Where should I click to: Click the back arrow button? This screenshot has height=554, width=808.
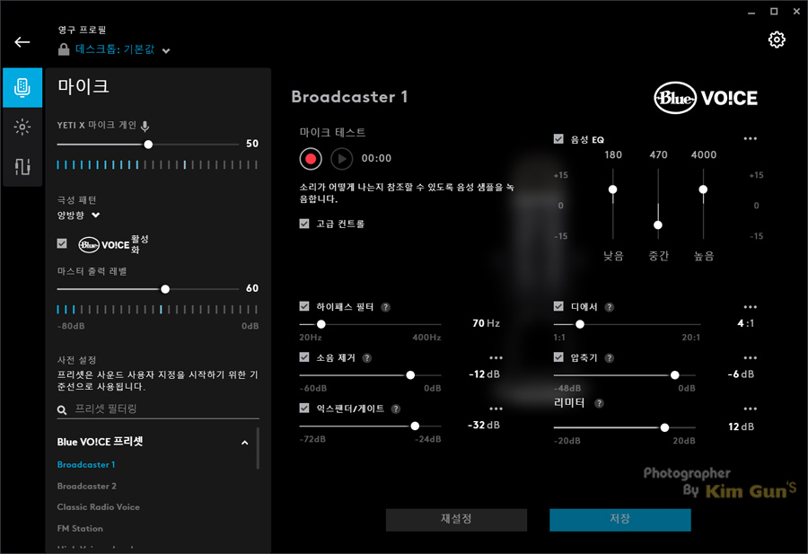coord(22,42)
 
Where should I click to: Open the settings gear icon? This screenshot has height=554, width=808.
coord(777,40)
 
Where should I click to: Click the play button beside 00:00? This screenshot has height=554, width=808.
coord(341,159)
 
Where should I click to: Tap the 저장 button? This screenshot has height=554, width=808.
coord(619,520)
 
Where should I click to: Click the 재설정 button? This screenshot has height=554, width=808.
coord(456,520)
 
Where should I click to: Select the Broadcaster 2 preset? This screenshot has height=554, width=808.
coord(87,486)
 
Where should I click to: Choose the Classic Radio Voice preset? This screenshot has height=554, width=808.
coord(99,507)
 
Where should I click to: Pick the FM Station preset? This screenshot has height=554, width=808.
coord(80,529)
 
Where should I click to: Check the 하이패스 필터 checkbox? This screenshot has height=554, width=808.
coord(305,307)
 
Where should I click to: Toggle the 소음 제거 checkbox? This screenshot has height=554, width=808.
coord(305,357)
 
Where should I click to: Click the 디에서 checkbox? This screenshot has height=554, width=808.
coord(559,307)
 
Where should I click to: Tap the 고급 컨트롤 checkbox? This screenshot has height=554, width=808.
coord(305,224)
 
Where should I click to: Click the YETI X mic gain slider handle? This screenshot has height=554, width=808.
coord(148,144)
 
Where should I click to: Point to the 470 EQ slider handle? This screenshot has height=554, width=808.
coord(658,224)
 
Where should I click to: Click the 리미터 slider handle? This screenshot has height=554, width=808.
coord(664,427)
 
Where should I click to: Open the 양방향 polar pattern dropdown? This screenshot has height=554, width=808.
coord(79,215)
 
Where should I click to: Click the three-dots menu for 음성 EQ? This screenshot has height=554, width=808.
coord(751,139)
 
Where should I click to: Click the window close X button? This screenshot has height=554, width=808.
coord(795,11)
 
